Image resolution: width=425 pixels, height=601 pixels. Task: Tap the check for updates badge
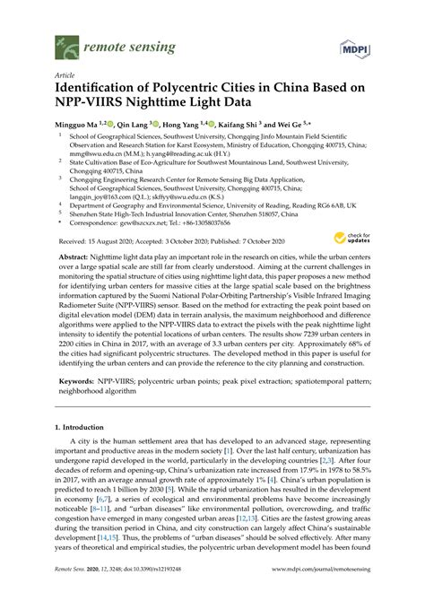348,239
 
